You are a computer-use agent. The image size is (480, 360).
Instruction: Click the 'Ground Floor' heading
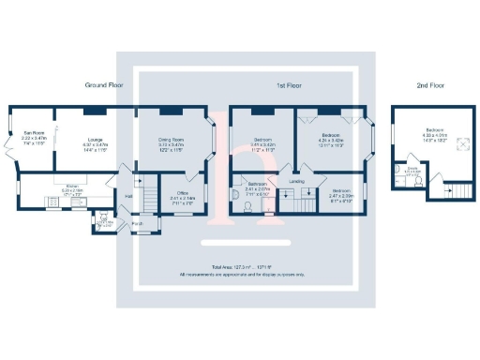click(x=106, y=85)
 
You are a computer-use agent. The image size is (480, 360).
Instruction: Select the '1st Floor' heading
click(x=287, y=85)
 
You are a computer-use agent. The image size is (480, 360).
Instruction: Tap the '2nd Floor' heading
click(x=432, y=85)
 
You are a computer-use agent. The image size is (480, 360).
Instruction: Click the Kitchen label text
click(x=63, y=187)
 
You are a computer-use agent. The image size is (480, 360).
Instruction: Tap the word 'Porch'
click(x=137, y=224)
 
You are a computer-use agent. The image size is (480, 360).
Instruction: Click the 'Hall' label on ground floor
click(x=128, y=195)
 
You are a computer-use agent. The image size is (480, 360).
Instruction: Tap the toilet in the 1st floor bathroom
click(x=235, y=195)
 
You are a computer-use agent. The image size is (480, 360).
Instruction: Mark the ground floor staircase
click(x=147, y=197)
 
